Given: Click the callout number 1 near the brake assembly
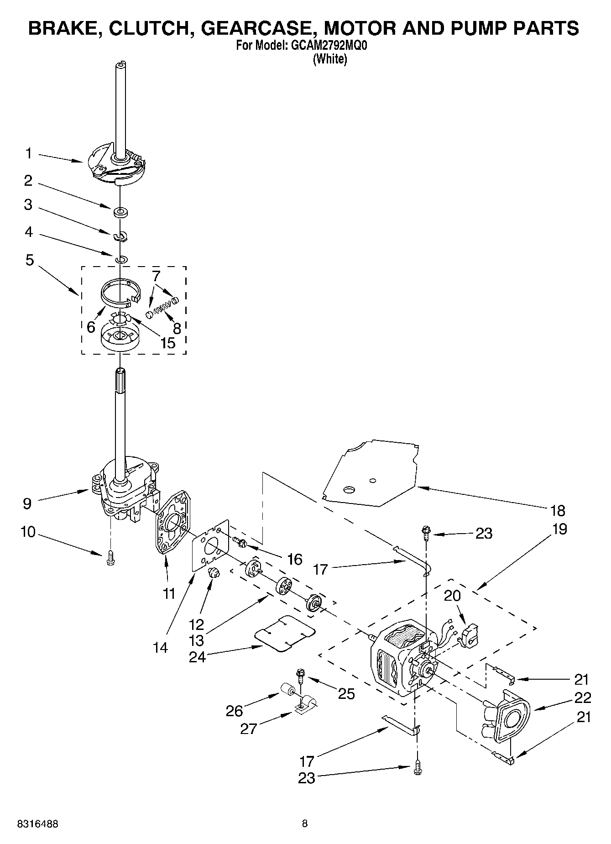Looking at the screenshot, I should (28, 154).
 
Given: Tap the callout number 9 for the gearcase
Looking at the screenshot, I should (27, 503).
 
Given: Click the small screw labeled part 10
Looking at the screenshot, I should (110, 558).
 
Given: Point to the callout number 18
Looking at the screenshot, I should (558, 510).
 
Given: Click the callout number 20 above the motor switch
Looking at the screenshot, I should (452, 596).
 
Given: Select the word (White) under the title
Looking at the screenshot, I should (329, 59).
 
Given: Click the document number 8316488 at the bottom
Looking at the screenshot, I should (38, 824).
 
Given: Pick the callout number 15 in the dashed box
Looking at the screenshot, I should (168, 343).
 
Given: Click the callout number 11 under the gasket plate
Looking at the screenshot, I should (169, 593).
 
